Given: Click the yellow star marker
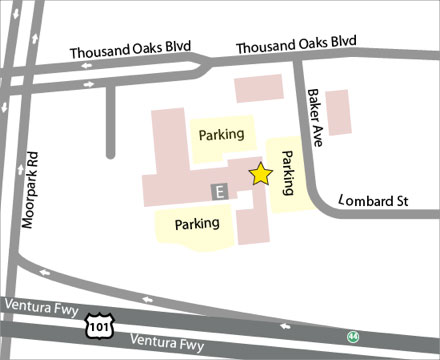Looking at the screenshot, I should [260, 174].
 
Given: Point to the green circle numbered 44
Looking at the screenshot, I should [352, 336].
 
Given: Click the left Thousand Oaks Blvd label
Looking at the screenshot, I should [130, 53].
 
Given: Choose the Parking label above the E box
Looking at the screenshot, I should [222, 134].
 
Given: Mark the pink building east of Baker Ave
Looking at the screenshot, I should [338, 112].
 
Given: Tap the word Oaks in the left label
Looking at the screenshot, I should [142, 53].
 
